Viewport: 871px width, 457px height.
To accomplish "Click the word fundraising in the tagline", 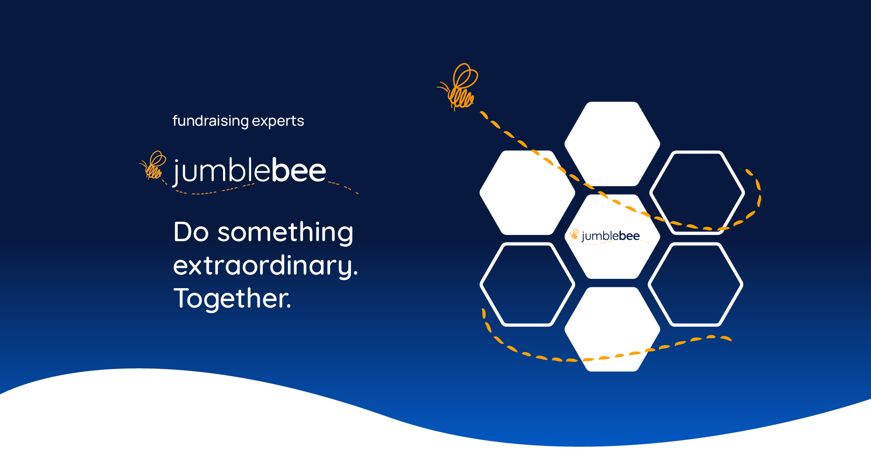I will click(x=211, y=121).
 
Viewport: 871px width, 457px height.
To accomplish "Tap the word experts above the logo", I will click(x=278, y=121).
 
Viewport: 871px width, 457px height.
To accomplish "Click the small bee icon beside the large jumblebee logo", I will click(x=153, y=165).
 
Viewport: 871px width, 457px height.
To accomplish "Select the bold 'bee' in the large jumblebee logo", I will click(x=298, y=171).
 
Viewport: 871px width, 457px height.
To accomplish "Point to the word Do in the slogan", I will click(x=191, y=232).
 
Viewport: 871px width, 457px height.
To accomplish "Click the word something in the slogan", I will click(x=285, y=232).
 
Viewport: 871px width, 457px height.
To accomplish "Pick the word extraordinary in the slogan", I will click(x=265, y=266).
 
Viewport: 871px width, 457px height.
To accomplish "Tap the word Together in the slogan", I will click(x=232, y=298).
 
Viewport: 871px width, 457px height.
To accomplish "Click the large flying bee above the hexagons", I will click(x=460, y=87).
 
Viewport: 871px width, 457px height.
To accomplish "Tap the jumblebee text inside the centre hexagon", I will click(x=610, y=236).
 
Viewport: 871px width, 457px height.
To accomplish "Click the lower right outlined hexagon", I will click(x=695, y=284).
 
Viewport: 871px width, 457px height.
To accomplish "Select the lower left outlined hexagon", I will click(x=527, y=284).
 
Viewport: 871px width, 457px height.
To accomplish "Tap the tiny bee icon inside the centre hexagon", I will click(x=574, y=234).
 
